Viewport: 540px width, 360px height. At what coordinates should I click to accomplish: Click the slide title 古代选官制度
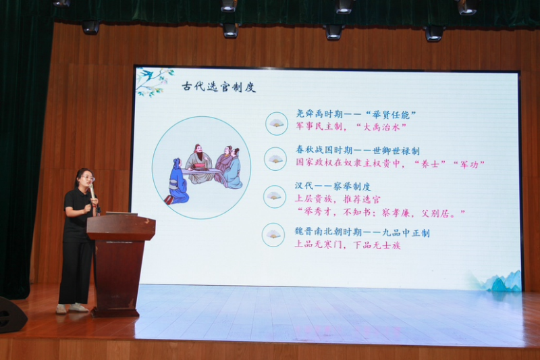tap(219, 87)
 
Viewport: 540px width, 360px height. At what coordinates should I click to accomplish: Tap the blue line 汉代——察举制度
tap(333, 186)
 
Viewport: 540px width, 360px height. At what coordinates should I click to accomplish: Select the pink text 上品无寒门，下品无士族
tap(348, 245)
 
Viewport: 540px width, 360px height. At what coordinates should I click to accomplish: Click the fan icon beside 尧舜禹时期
tap(277, 124)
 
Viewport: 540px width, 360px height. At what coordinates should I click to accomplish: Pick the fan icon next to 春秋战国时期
tap(275, 159)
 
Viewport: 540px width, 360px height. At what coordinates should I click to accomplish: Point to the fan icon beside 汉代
tap(275, 197)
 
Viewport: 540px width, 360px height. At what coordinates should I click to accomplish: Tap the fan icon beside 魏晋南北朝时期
tap(273, 235)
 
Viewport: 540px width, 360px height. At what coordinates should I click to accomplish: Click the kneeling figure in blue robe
tap(178, 182)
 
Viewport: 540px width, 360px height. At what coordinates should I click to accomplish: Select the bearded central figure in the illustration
tap(199, 163)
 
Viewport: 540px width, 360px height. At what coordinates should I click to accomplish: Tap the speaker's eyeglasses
tap(88, 178)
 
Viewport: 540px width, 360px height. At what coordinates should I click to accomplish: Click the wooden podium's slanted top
tap(121, 226)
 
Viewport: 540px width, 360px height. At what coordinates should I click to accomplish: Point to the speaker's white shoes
tap(72, 308)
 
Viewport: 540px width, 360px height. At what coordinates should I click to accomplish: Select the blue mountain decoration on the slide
tap(503, 282)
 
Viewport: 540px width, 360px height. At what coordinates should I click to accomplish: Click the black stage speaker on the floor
tap(12, 315)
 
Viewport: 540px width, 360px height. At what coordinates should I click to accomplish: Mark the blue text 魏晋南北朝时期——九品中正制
tap(362, 232)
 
